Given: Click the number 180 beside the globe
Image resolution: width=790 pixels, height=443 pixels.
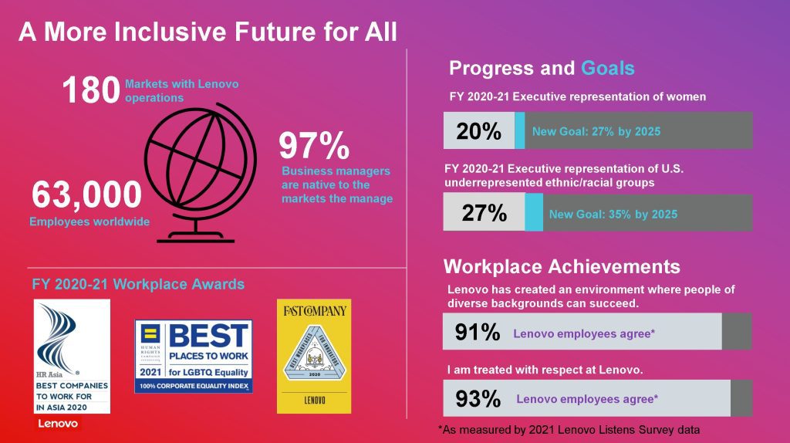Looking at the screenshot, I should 91,90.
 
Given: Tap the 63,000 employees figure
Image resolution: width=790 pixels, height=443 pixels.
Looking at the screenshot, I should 86,194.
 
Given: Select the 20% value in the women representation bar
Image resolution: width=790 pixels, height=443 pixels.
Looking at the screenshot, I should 478,131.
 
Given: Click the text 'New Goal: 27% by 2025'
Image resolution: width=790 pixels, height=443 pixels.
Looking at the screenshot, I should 596,131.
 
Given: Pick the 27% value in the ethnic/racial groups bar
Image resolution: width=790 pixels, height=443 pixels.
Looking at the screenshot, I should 484,213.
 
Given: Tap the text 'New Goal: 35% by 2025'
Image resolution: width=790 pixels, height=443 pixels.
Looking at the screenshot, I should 613,214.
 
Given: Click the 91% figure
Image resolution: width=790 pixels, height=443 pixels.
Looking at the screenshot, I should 478,333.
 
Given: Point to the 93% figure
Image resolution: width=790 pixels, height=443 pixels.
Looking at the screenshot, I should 478,399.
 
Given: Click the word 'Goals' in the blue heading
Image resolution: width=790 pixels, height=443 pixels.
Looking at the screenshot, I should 608,68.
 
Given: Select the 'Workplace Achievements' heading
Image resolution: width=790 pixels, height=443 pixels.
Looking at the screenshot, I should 562,267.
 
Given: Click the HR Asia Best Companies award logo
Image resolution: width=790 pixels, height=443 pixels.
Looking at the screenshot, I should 72,357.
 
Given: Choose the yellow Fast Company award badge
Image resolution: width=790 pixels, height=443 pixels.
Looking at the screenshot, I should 313,354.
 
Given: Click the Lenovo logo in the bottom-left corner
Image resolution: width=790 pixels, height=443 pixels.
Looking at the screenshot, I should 56,424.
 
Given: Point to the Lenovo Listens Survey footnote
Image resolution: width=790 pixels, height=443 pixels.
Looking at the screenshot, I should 574,429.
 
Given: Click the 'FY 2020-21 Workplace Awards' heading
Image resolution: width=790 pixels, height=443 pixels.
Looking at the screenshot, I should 139,284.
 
